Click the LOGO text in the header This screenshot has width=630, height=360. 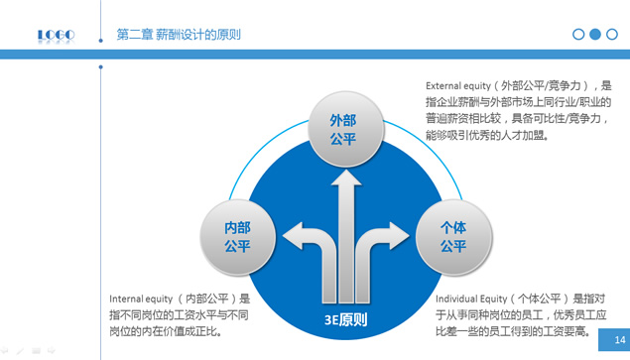point(56,35)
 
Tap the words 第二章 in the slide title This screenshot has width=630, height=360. point(135,35)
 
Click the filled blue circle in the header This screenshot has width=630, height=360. point(595,34)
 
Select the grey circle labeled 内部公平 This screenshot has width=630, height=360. point(237,237)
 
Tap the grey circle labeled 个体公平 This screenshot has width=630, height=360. point(453,237)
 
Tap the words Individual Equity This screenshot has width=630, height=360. point(471,298)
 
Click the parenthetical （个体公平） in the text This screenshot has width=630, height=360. point(540,298)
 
